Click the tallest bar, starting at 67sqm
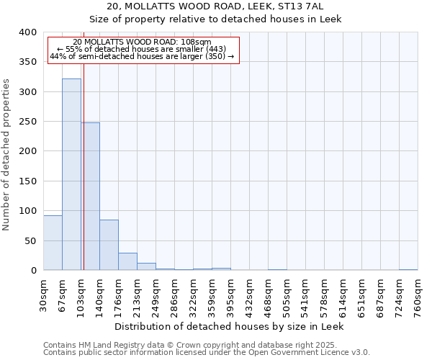[x=71, y=174]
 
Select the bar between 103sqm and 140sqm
[x=91, y=197]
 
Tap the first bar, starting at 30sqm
[x=53, y=243]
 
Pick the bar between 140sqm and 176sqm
[x=109, y=245]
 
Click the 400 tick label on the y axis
[x=27, y=32]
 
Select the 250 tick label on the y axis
[x=27, y=122]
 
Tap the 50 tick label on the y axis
[x=30, y=240]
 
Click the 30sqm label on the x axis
[x=44, y=294]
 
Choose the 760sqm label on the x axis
[x=418, y=294]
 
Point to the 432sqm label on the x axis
[x=250, y=294]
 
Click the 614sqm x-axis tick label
[x=343, y=294]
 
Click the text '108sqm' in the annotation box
[x=195, y=42]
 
